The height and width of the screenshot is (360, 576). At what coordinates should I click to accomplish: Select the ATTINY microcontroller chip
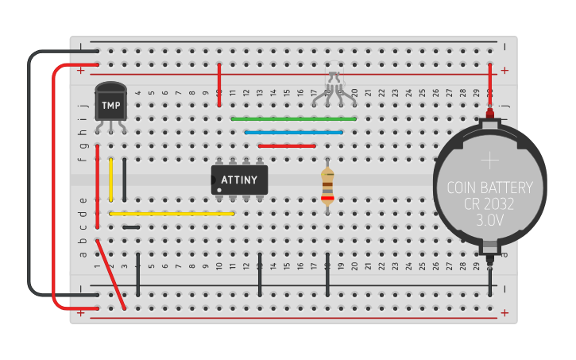point(239,180)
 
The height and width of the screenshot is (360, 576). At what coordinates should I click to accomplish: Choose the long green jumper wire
point(294,118)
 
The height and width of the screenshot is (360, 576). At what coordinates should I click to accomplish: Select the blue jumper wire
point(294,132)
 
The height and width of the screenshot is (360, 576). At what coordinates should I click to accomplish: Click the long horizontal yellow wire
point(171,214)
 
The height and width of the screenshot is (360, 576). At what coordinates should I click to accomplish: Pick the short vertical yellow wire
point(111,180)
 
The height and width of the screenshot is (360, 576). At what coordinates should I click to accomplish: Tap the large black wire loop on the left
point(29,175)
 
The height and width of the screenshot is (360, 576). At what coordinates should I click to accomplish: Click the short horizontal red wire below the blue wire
point(287,145)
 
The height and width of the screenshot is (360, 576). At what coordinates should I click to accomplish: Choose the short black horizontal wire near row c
point(132,227)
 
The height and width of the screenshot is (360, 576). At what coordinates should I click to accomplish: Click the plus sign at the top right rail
point(504,71)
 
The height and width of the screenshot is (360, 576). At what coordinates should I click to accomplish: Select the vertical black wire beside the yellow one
point(125,180)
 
